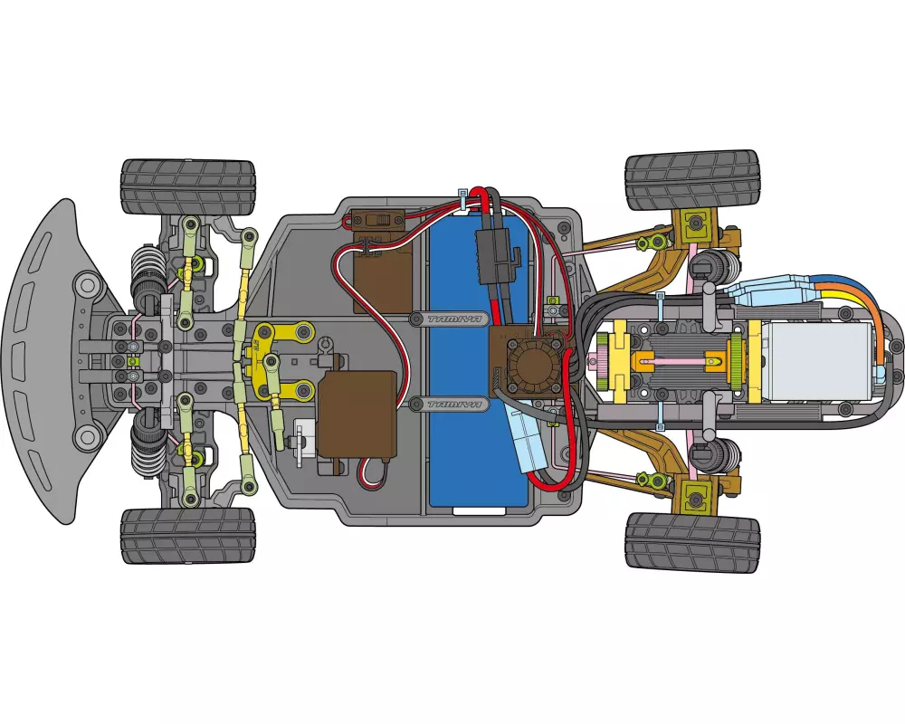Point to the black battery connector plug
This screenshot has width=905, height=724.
tap(497, 254)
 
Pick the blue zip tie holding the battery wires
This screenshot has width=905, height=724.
tap(463, 198)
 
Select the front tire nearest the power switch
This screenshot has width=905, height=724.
tap(188, 186)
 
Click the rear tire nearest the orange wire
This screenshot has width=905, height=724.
tap(692, 181)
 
